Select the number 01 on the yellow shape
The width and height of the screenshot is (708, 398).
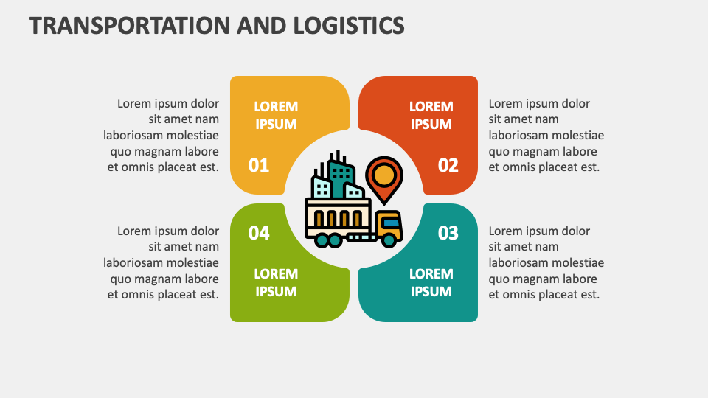tap(259, 165)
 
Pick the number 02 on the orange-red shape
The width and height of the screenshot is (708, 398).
tap(448, 165)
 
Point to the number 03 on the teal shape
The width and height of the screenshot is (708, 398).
tap(448, 233)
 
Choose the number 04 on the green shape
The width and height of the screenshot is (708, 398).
tap(259, 233)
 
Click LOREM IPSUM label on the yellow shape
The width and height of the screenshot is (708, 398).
tap(276, 115)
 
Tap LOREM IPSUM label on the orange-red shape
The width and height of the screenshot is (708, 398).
tap(431, 115)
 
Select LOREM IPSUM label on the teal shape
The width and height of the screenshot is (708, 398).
tap(431, 282)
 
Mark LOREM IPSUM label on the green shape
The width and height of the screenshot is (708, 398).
tap(276, 282)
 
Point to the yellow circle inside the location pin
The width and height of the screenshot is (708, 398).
tap(384, 175)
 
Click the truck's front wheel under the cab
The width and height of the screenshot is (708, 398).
tap(388, 239)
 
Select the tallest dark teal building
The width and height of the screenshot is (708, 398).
tap(341, 177)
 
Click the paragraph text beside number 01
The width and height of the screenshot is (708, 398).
tap(163, 135)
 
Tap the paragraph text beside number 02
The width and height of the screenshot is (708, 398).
tap(545, 135)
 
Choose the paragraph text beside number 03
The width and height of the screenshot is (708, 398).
tap(545, 262)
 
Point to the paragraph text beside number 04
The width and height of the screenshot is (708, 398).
tap(163, 262)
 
